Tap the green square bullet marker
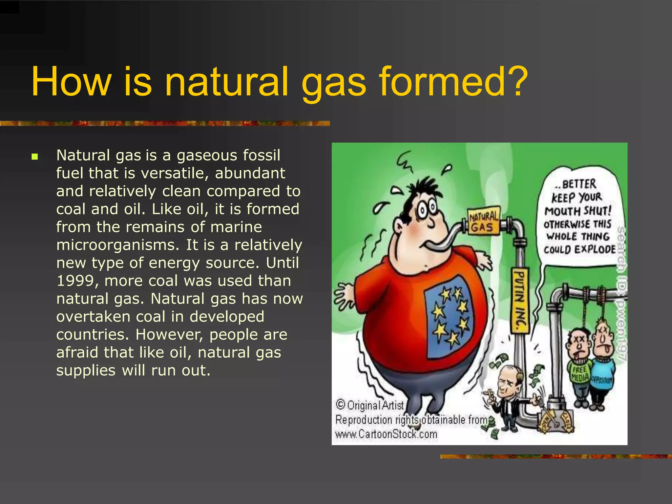(35, 157)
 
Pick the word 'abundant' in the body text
(250, 173)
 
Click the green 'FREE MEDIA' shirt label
(579, 374)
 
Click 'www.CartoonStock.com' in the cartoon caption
(386, 434)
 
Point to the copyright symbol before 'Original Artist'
(341, 404)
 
